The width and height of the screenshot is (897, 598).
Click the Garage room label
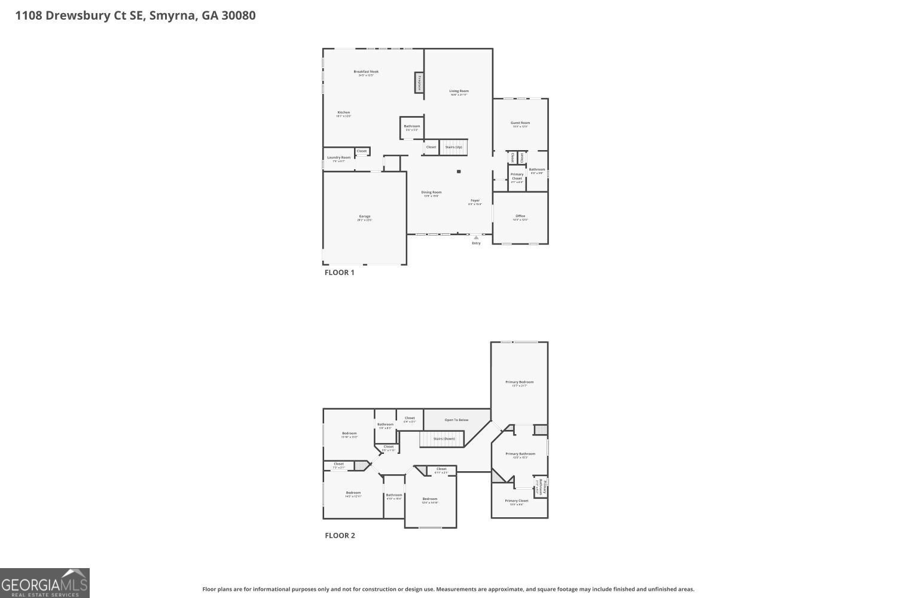364,216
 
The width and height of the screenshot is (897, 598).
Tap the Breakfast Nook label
365,72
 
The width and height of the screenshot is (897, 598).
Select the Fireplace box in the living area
419,83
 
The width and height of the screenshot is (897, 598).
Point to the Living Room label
459,91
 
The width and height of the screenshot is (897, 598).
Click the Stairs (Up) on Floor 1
453,147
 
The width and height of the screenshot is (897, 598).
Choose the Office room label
520,216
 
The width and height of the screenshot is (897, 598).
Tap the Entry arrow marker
476,237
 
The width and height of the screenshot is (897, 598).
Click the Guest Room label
520,123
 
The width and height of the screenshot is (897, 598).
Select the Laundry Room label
338,158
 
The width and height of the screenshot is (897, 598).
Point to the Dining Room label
431,193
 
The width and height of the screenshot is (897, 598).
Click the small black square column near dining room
459,172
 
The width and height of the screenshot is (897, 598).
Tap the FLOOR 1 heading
339,273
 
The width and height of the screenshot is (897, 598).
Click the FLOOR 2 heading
340,536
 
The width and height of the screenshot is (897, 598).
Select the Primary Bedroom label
519,382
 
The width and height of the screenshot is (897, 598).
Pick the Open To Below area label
456,420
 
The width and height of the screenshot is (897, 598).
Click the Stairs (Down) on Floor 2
444,439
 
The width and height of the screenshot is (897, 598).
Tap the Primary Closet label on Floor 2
516,501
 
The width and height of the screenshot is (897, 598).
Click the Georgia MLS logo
45,583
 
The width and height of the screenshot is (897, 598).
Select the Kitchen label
343,113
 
